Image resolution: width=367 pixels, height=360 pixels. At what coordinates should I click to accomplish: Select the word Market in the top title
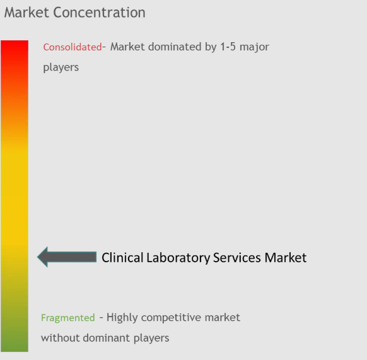pos(30,12)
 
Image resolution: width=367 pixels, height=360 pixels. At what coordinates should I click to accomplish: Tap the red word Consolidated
pos(72,47)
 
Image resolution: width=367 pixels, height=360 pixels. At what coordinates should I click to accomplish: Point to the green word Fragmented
pos(68,318)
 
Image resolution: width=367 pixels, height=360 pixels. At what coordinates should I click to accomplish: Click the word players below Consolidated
pos(61,67)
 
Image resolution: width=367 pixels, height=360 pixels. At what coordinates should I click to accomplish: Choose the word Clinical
pos(122,257)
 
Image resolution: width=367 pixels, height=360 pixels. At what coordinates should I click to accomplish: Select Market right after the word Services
pos(286,257)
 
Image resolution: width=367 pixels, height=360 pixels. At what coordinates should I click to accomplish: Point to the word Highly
pos(124,318)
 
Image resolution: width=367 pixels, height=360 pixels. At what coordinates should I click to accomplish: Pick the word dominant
pos(105,338)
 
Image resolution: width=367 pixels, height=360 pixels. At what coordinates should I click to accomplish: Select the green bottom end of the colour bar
pos(15,347)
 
